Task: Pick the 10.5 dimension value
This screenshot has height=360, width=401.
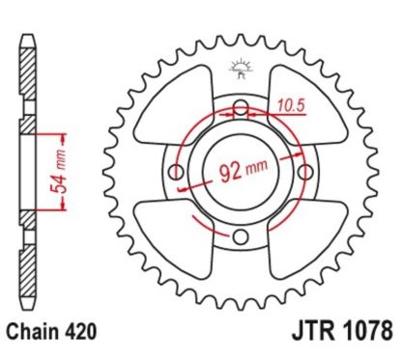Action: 289,97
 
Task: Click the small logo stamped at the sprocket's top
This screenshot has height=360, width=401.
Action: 237,69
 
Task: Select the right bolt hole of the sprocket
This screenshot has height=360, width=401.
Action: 302,173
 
